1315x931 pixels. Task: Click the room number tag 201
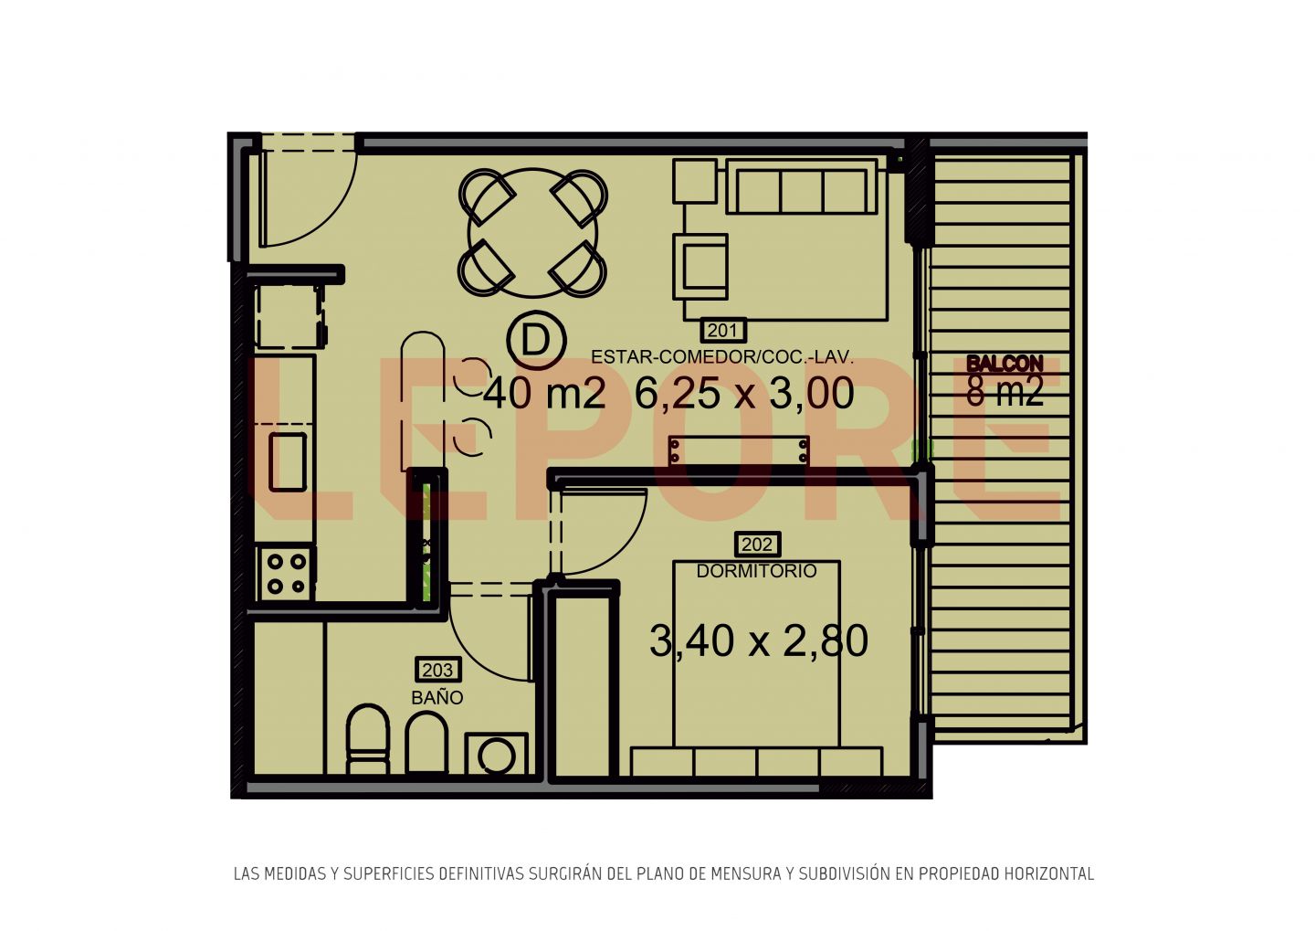pos(722,331)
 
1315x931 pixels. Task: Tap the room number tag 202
pos(757,545)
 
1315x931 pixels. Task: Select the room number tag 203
pos(438,670)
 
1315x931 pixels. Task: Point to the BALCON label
pos(1005,364)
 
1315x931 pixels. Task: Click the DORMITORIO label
pos(756,571)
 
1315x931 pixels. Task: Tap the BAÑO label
pos(437,697)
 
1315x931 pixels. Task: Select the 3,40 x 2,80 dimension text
pos(759,640)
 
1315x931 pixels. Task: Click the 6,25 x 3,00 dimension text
pos(743,393)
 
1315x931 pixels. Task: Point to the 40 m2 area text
pos(544,393)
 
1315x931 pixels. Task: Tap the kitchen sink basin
pos(288,461)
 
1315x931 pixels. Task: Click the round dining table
pos(533,233)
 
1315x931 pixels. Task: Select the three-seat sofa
pos(802,186)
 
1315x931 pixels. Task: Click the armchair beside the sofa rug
pos(701,267)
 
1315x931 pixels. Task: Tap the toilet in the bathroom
pos(368,740)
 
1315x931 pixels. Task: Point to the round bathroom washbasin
pos(497,754)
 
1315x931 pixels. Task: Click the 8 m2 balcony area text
pos(1005,392)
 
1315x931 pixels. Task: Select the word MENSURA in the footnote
pos(745,873)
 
